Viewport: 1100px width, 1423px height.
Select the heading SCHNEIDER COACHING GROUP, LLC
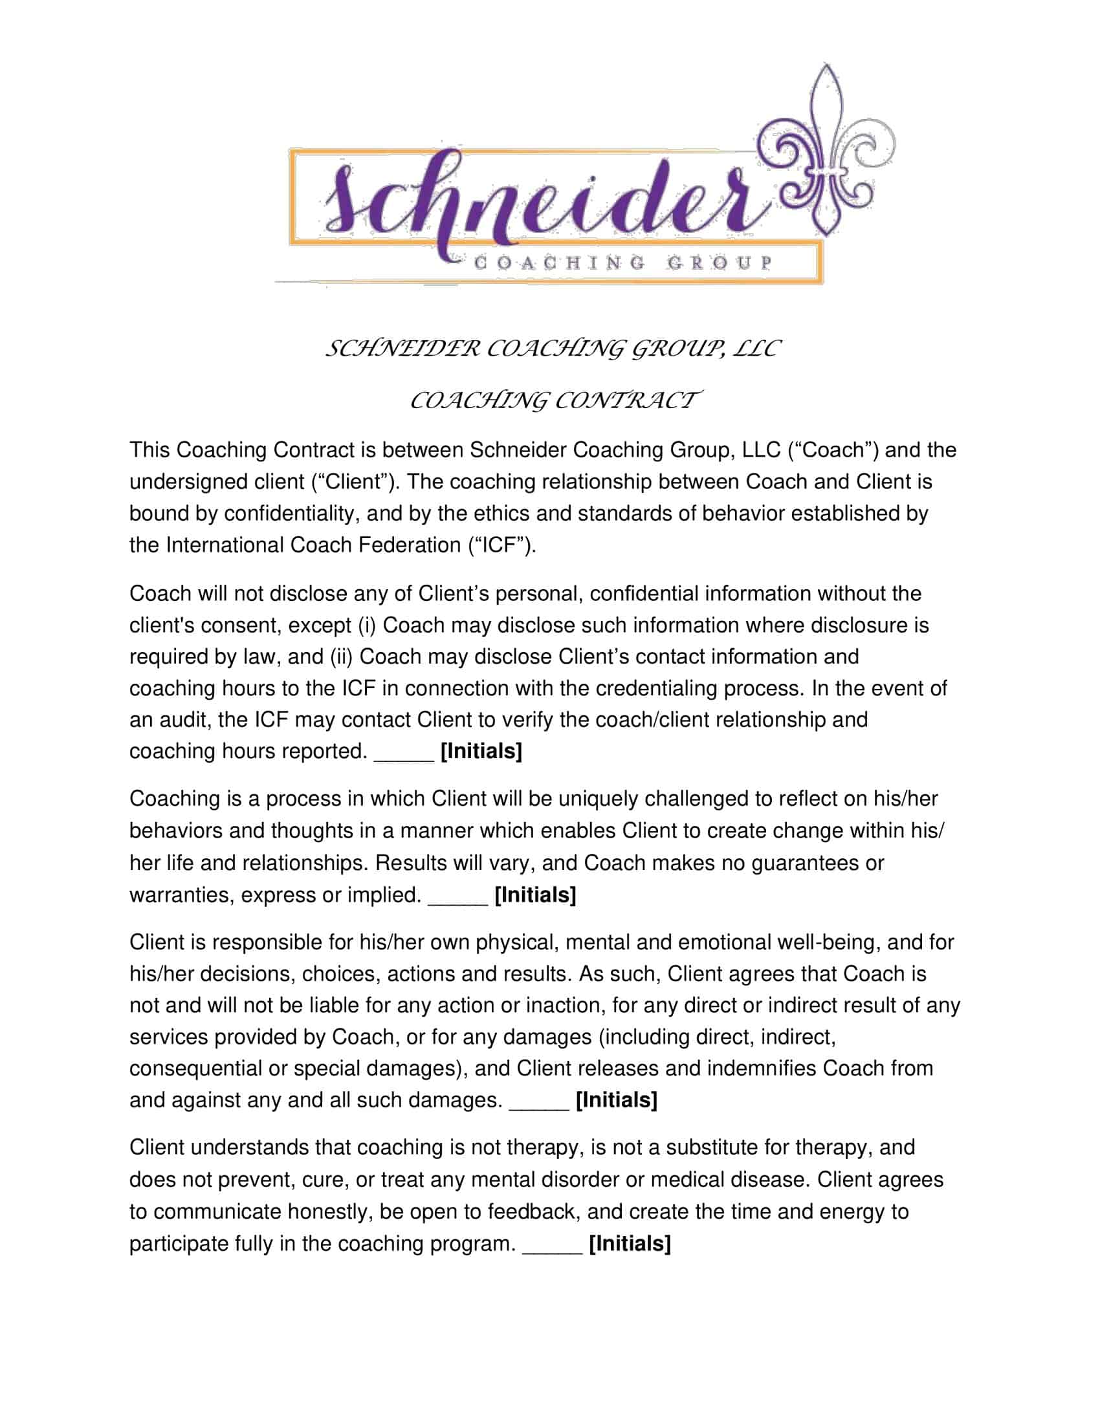tap(551, 349)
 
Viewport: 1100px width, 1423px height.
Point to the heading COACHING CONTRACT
tap(555, 400)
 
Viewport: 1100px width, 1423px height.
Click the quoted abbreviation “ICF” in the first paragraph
tap(500, 545)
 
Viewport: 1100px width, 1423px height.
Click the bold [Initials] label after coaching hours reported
tap(481, 751)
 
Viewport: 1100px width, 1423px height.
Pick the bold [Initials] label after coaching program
tap(630, 1244)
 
